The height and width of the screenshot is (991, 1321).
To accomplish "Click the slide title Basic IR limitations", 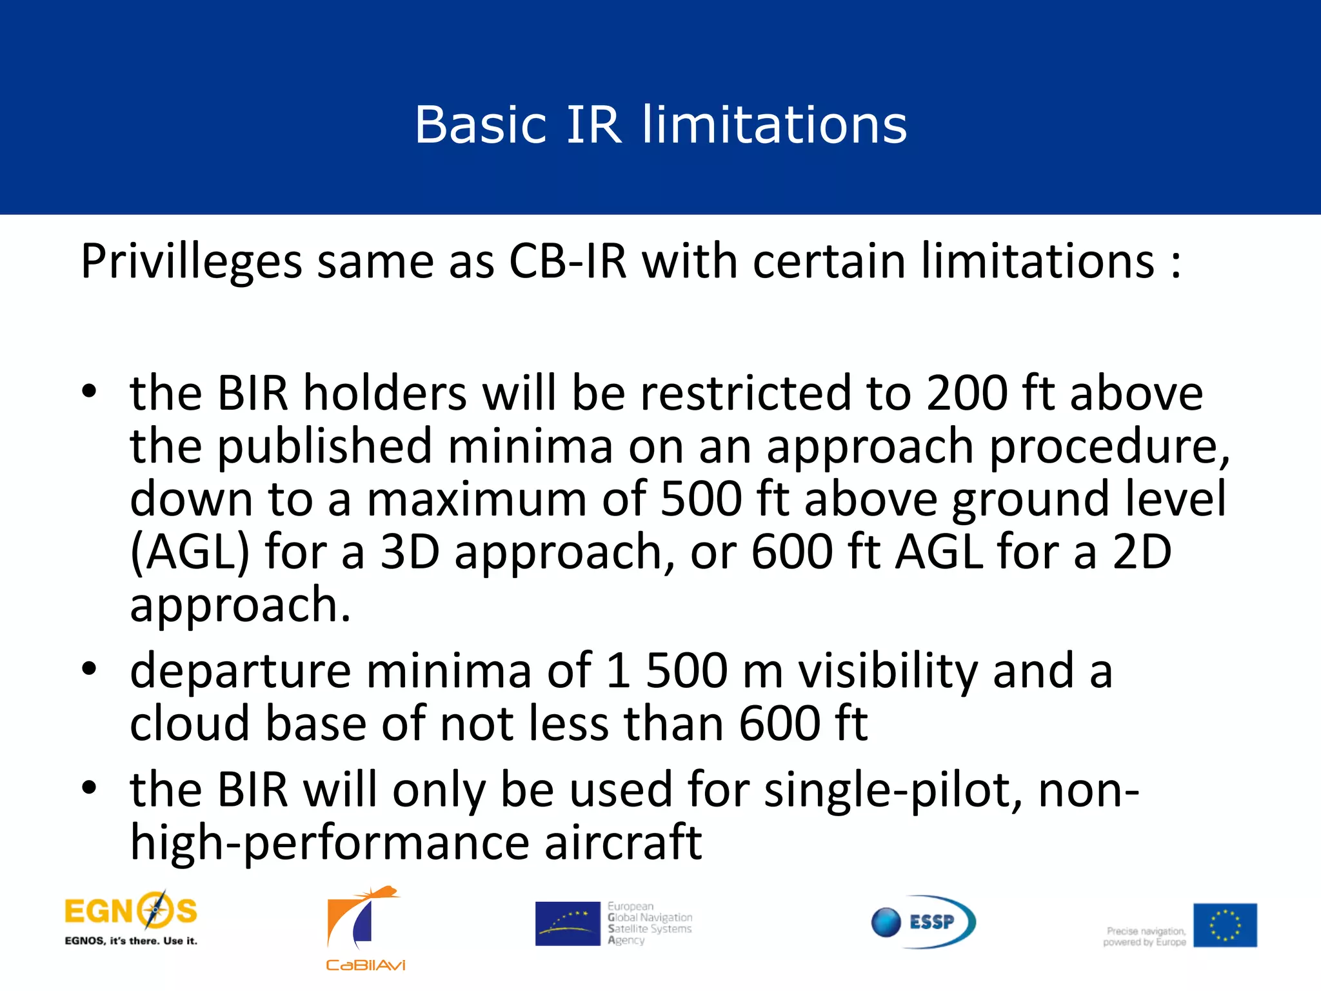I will pyautogui.click(x=660, y=124).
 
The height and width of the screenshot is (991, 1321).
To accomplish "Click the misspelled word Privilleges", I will pyautogui.click(x=192, y=263).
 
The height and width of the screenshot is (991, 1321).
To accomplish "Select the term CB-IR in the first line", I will pyautogui.click(x=568, y=261).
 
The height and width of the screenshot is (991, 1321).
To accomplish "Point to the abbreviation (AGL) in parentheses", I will pyautogui.click(x=190, y=553).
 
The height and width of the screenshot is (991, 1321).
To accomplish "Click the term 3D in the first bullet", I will pyautogui.click(x=410, y=552).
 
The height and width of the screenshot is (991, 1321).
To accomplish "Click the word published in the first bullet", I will pyautogui.click(x=324, y=446).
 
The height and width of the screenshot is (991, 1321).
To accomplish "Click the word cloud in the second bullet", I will pyautogui.click(x=190, y=724).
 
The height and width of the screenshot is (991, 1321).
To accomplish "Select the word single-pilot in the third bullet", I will pyautogui.click(x=893, y=791).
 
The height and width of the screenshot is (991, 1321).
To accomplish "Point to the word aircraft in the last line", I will pyautogui.click(x=623, y=843).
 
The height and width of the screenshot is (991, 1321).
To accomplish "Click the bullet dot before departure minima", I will pyautogui.click(x=89, y=668).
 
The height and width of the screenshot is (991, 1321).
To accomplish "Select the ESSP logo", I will pyautogui.click(x=923, y=921).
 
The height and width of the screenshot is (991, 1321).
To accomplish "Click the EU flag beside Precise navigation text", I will pyautogui.click(x=1224, y=925).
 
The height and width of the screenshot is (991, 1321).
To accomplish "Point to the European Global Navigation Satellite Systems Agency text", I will pyautogui.click(x=649, y=923).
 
